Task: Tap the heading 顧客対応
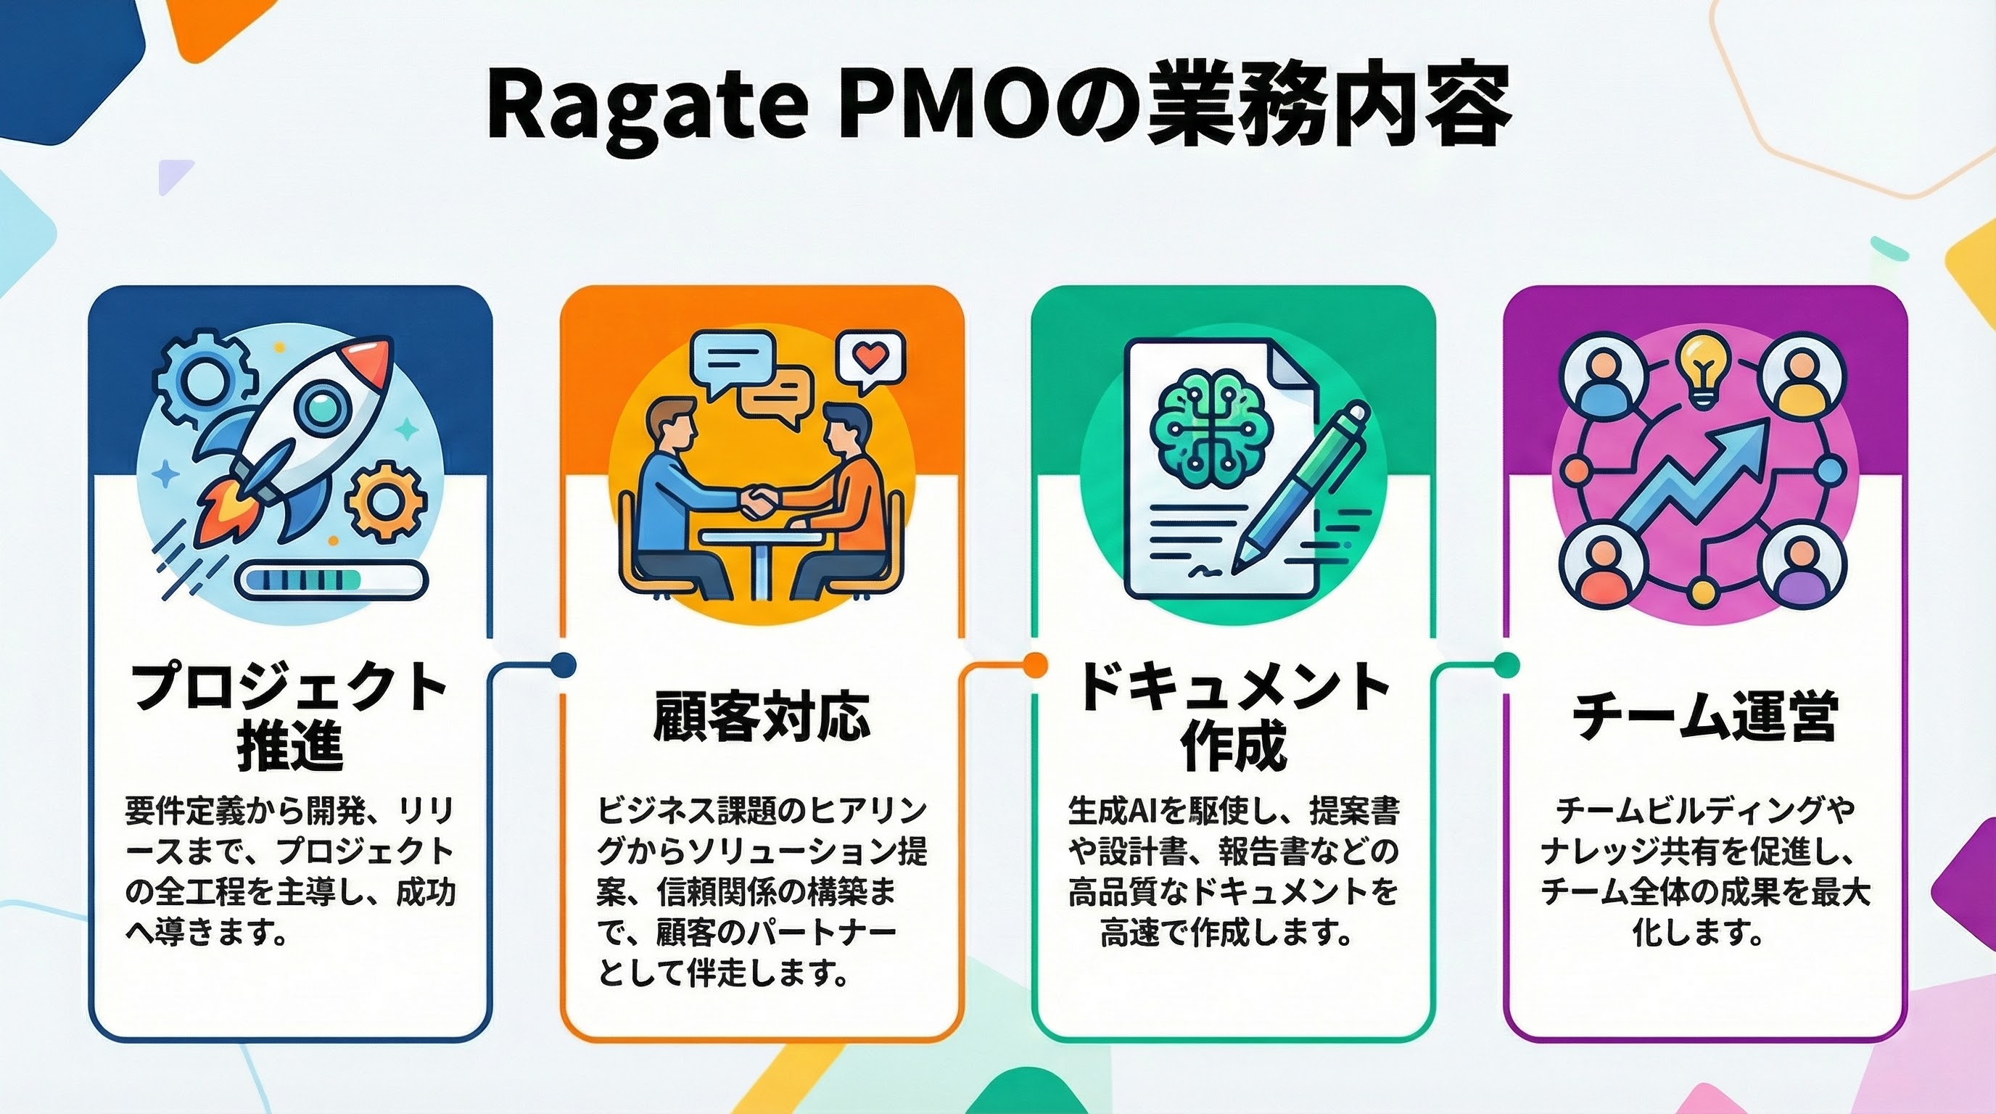[x=762, y=716]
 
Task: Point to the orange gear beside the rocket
[x=385, y=500]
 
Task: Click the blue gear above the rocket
[x=203, y=379]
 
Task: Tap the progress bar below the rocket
[x=331, y=580]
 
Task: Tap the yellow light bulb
[x=1702, y=367]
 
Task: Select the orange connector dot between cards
[x=1034, y=664]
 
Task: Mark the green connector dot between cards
[x=1506, y=664]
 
